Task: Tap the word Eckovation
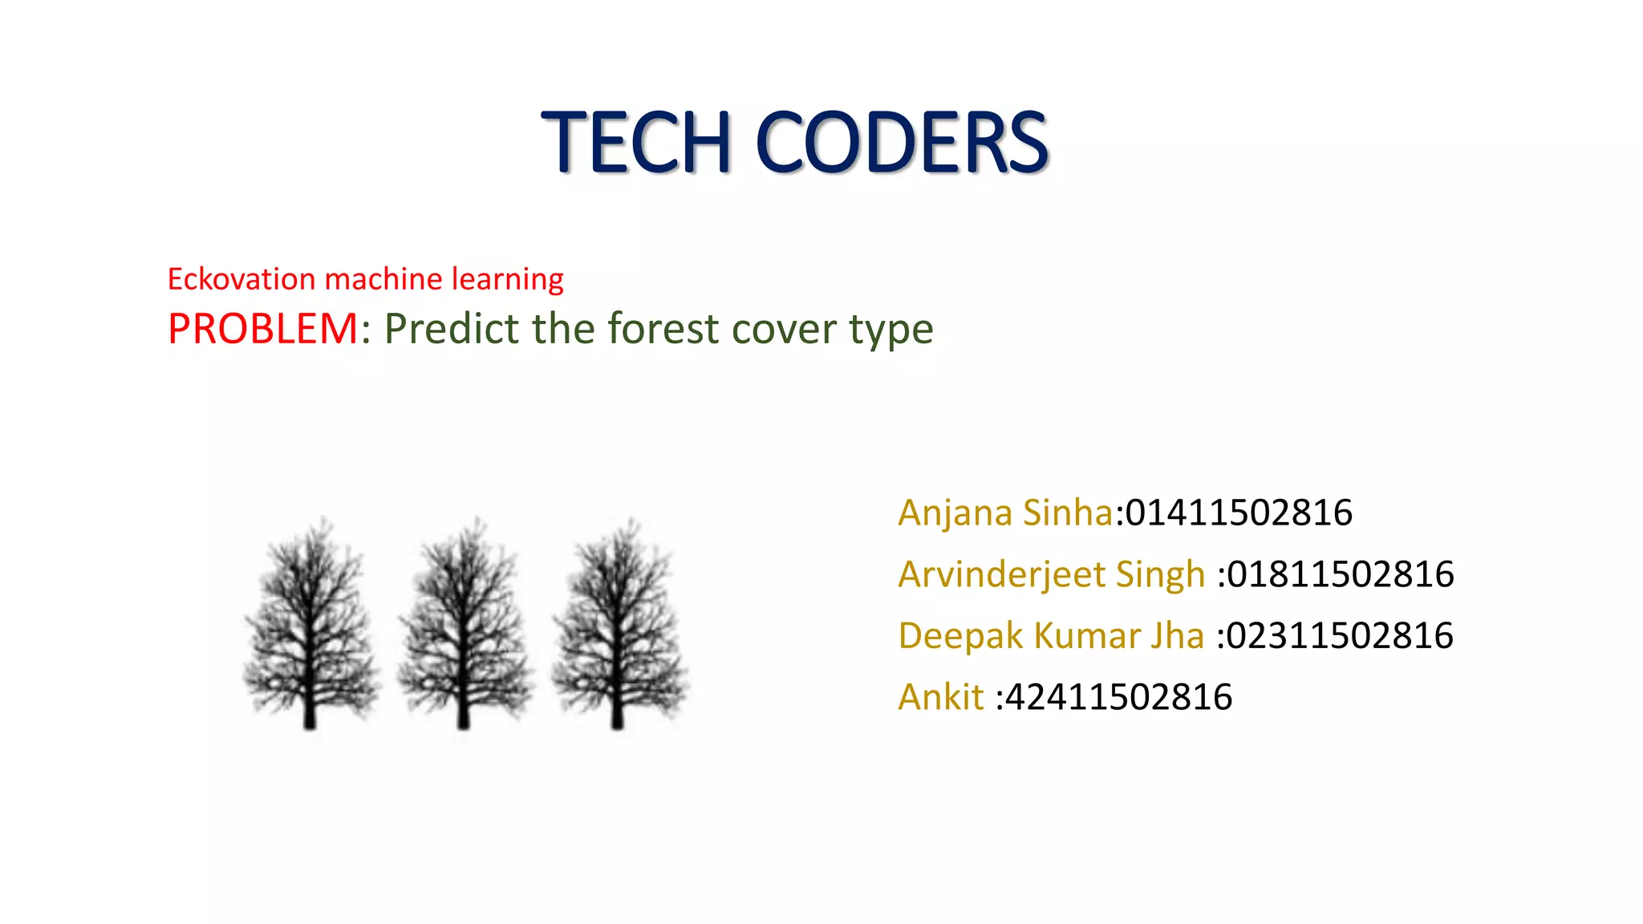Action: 241,279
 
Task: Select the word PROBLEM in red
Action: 262,329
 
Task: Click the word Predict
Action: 451,329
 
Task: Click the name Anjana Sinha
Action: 1005,513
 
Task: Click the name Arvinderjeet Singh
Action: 1051,574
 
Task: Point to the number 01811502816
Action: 1341,574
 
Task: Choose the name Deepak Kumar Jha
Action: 1051,635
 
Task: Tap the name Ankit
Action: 940,697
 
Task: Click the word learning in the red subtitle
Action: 507,280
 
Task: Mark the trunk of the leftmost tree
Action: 310,710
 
